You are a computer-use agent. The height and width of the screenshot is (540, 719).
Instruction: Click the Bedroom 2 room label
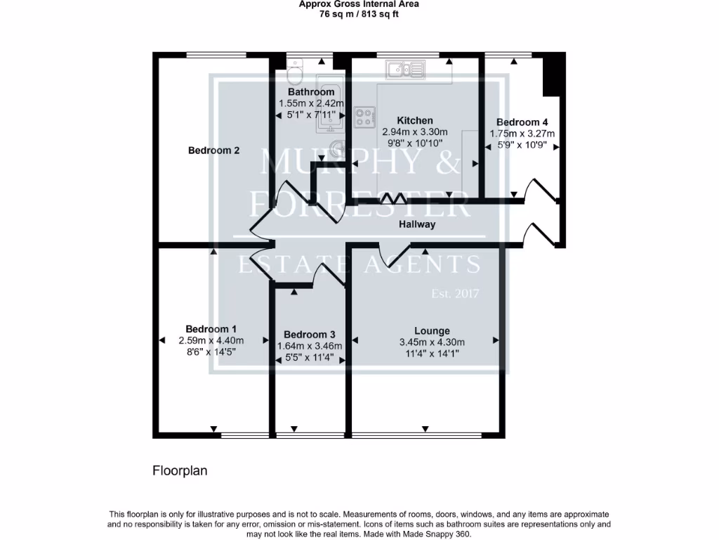pos(214,150)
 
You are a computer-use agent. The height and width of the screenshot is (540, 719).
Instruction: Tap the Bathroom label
pos(311,92)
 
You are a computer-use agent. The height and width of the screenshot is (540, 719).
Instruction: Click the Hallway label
pos(417,225)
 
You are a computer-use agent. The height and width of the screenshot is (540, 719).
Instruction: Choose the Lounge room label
pos(432,330)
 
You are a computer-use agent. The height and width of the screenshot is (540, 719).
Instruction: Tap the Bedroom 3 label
pos(310,335)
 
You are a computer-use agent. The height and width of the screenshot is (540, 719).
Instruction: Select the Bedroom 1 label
pos(211,329)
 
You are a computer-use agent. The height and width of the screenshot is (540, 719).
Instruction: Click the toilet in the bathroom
pos(295,73)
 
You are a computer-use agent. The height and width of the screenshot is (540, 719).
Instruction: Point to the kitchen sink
pos(404,69)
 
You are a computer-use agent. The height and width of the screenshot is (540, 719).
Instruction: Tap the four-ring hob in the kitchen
pos(364,117)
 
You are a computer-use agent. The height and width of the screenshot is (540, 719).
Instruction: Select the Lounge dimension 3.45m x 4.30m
pos(432,342)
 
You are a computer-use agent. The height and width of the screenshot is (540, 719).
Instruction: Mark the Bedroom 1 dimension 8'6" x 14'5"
pos(211,352)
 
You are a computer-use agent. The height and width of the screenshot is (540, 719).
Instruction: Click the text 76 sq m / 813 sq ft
pos(359,14)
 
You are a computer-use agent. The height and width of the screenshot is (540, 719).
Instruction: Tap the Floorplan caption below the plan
pos(180,471)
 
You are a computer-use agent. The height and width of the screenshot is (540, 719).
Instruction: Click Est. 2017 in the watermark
pos(454,294)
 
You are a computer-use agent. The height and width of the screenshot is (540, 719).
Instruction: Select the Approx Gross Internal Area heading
pos(359,4)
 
